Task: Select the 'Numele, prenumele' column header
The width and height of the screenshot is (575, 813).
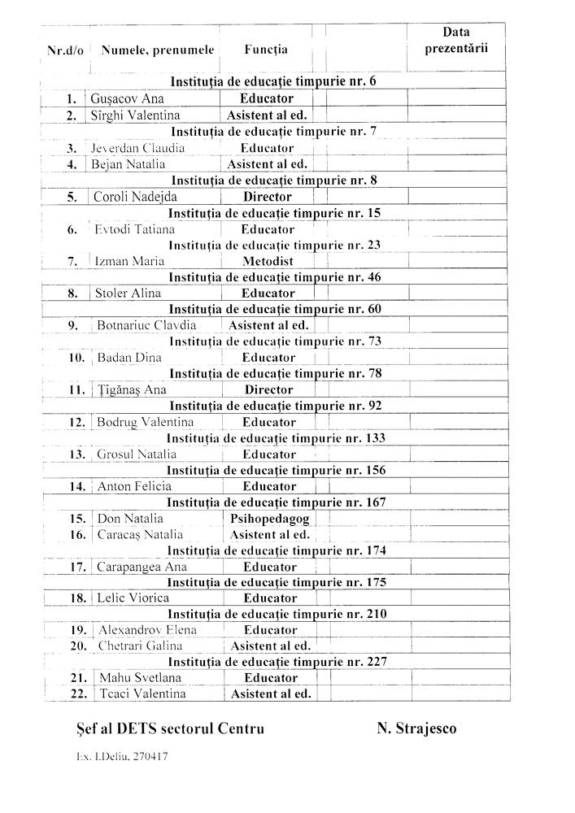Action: coord(158,50)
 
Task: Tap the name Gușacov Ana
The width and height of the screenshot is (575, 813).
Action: coord(129,99)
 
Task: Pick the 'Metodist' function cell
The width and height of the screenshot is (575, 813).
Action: coord(268,261)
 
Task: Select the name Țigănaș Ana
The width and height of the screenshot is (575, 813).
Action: coord(131,389)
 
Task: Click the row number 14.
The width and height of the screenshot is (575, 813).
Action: coord(78,486)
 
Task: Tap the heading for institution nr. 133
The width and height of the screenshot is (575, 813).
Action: coord(275,438)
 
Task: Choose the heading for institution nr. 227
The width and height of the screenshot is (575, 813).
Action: coord(277,662)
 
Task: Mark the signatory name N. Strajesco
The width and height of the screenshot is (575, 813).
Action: coord(416,728)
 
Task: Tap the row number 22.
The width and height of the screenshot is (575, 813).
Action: coord(78,693)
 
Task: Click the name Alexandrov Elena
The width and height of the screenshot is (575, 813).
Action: coord(147,630)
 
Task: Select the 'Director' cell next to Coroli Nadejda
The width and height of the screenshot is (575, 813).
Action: coord(268,197)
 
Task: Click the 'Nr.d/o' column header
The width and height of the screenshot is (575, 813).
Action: coord(66,50)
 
